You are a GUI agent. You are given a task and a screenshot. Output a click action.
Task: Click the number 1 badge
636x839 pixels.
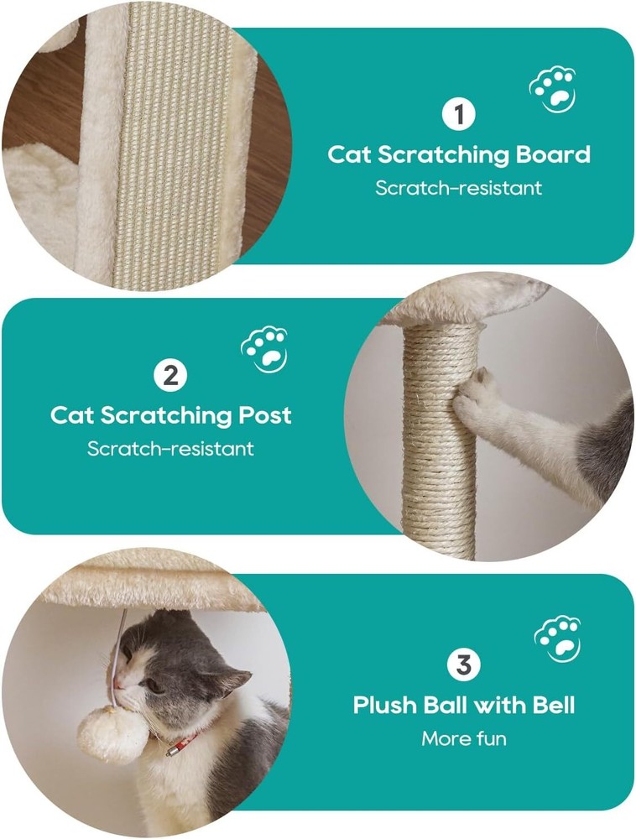click(458, 114)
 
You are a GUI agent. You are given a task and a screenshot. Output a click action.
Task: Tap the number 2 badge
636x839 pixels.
click(170, 376)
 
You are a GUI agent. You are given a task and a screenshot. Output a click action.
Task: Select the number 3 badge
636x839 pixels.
click(463, 665)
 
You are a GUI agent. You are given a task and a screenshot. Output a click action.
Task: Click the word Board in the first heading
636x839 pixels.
click(553, 154)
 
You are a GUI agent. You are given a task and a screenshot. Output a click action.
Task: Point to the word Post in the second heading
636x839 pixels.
click(264, 415)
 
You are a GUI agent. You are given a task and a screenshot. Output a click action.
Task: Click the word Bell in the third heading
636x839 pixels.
click(554, 705)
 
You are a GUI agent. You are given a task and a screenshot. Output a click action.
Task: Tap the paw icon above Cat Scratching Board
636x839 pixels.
click(553, 89)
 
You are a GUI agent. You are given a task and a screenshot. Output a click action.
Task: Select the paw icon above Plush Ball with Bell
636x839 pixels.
click(557, 638)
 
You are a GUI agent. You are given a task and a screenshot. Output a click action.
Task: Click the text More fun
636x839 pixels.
click(464, 739)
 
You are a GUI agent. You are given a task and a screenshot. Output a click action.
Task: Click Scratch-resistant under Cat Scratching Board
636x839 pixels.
click(458, 188)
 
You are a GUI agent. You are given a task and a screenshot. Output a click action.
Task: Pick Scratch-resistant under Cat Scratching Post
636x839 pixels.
click(170, 448)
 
